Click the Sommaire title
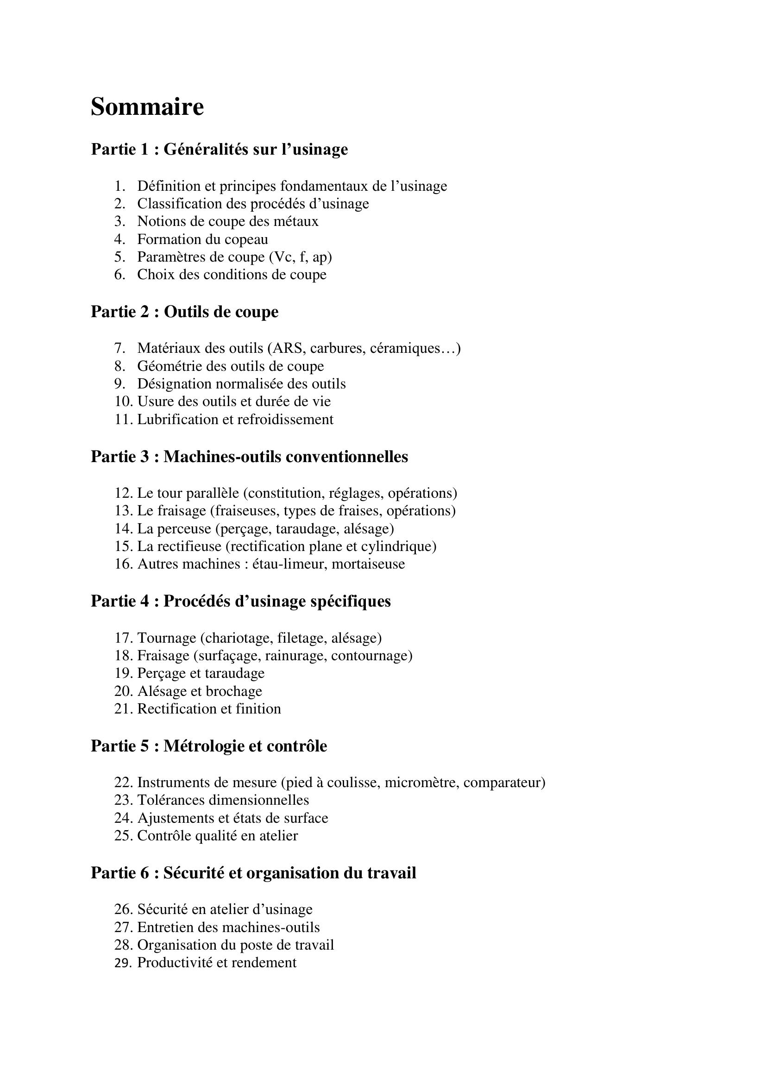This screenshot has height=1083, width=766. [147, 107]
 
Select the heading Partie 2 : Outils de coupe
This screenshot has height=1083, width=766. [184, 312]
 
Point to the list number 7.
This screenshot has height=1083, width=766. [119, 349]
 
